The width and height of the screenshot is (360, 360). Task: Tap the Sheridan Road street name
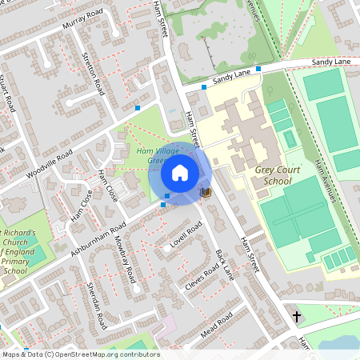click(95, 303)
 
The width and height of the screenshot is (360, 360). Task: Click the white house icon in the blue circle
click(180, 173)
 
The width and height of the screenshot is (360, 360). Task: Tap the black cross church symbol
click(297, 317)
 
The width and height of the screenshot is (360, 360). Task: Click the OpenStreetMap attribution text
click(80, 354)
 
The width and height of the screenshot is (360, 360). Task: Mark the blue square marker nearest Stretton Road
click(138, 107)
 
